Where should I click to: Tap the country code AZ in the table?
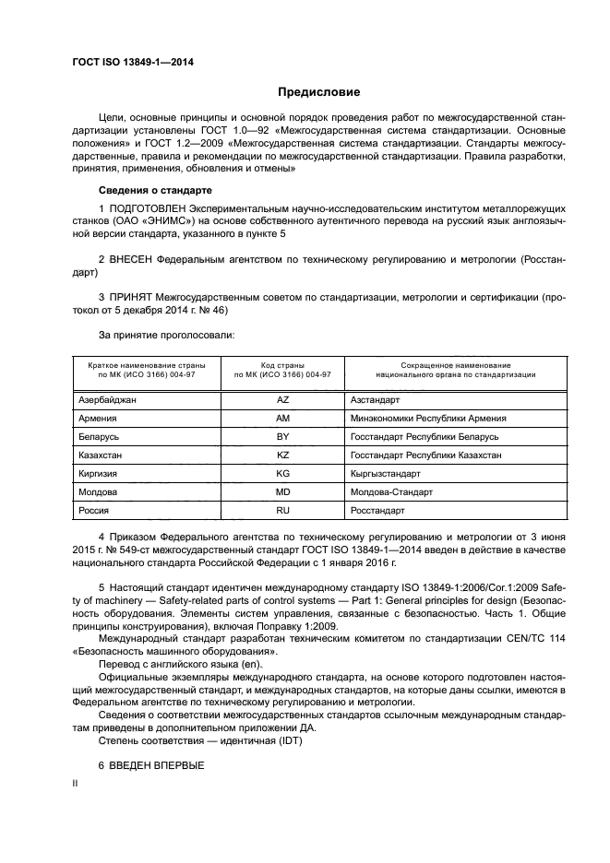(283, 400)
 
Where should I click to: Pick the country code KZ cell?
(283, 455)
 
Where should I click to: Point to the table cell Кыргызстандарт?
(386, 474)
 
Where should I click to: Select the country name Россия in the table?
(95, 510)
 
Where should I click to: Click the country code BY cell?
(283, 437)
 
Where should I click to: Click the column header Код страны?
(283, 366)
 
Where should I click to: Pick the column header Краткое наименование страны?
(146, 366)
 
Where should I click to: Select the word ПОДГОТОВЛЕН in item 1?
(140, 208)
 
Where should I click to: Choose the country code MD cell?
(283, 492)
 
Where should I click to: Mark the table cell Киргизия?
(100, 474)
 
